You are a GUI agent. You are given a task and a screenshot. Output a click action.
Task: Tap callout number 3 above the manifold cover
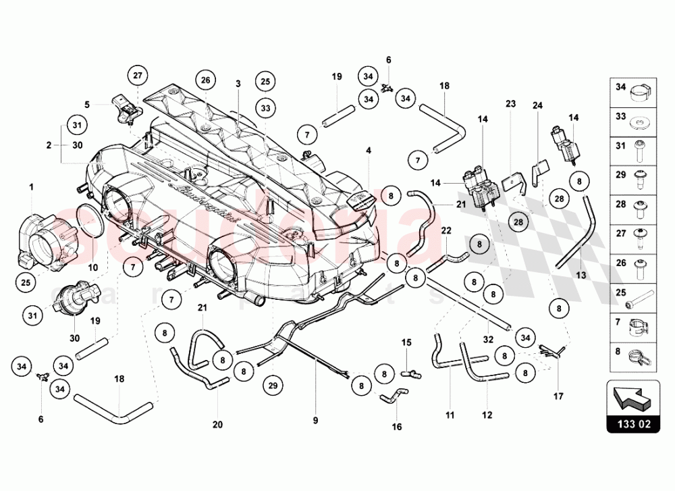click(x=238, y=84)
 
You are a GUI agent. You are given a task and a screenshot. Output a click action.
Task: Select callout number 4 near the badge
click(x=369, y=150)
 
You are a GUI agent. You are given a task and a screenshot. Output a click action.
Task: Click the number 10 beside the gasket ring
click(x=93, y=267)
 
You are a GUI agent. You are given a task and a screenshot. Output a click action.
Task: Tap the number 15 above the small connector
click(x=406, y=342)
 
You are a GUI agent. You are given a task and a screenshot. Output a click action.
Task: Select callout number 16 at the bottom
click(x=397, y=427)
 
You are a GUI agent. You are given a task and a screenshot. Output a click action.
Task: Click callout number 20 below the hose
click(x=217, y=424)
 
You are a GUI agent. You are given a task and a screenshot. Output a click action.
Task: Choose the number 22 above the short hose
click(x=446, y=230)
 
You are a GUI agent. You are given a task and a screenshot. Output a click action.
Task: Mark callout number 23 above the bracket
click(x=510, y=104)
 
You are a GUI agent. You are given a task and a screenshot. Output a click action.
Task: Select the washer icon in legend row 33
click(x=639, y=125)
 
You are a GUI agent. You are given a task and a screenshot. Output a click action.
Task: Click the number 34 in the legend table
click(x=620, y=86)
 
